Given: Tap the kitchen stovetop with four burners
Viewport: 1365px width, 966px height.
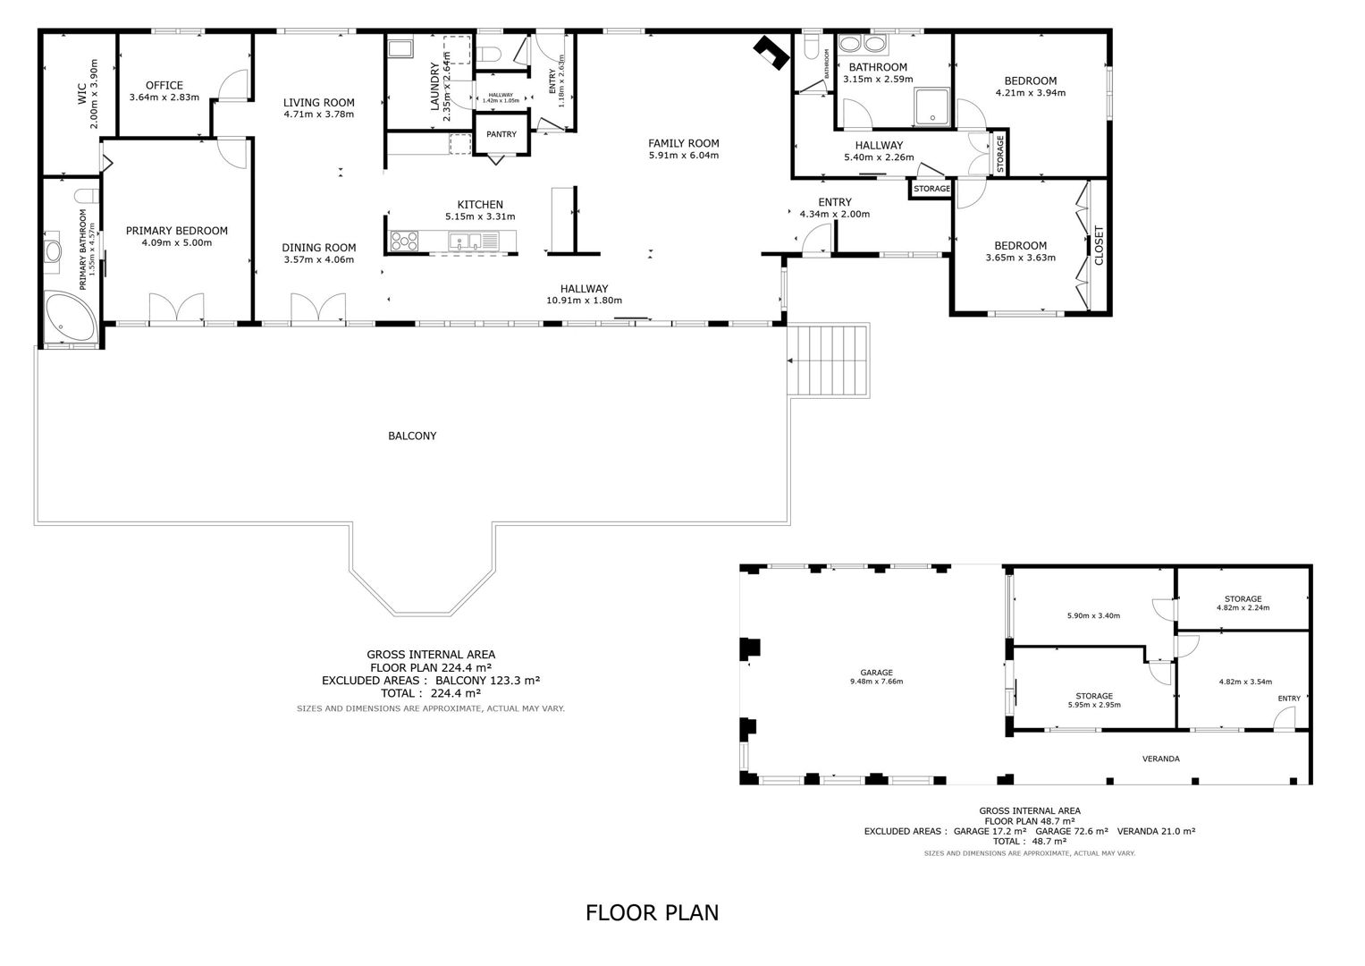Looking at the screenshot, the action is click(404, 241).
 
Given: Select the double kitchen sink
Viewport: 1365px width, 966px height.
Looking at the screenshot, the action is click(466, 241).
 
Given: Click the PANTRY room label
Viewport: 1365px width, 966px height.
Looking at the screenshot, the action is click(501, 134).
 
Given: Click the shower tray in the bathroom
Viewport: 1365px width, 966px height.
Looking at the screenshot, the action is click(931, 106).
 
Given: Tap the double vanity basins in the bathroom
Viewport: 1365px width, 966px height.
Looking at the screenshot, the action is click(863, 45).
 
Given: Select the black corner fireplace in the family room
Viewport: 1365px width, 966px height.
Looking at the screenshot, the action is click(770, 53).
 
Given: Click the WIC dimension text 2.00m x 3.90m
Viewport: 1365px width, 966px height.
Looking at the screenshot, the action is click(94, 93).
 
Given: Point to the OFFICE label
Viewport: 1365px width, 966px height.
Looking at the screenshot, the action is click(164, 85).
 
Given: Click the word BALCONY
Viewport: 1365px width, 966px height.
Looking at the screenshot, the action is click(412, 436).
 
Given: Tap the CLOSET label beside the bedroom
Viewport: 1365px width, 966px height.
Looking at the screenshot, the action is click(1099, 245).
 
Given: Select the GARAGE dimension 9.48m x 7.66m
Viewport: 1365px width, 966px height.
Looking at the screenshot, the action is click(876, 682).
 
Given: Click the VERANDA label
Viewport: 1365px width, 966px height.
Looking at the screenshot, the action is click(1160, 758).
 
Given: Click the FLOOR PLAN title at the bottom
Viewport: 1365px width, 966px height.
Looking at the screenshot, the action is click(652, 913).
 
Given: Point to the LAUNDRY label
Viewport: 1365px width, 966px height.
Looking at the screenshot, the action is click(434, 86).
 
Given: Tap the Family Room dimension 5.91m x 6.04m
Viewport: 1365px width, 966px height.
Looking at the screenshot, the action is click(684, 156).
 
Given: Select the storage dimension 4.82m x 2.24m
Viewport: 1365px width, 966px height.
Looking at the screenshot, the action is click(1243, 607).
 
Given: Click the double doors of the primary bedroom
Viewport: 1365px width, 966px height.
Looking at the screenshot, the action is click(177, 307).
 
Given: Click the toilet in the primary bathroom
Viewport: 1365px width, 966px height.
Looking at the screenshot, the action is click(87, 196).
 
